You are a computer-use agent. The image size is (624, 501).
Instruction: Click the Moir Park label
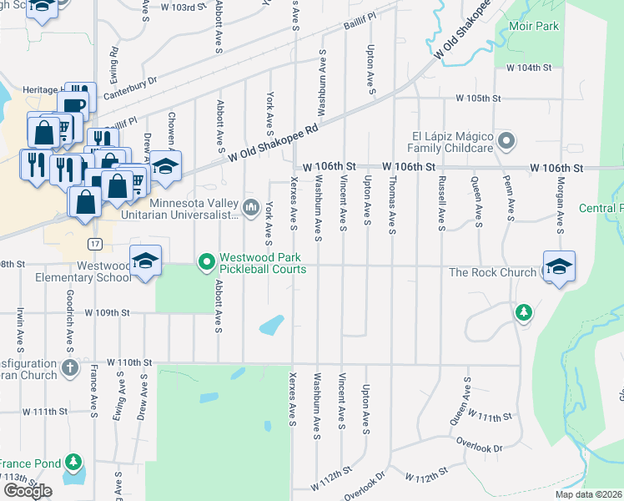pos(534,26)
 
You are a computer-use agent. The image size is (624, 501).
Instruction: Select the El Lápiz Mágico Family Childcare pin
pos(505,140)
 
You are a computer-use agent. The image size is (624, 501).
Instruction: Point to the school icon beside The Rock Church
pos(559,266)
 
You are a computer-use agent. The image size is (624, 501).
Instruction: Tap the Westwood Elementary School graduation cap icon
pos(145,261)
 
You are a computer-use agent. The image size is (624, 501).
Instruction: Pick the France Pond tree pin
pos(74,461)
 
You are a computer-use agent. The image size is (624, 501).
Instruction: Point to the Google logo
pos(28,490)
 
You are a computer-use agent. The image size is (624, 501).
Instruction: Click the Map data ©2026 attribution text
pos(589,494)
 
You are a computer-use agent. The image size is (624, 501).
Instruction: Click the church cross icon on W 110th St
pos(71,367)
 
